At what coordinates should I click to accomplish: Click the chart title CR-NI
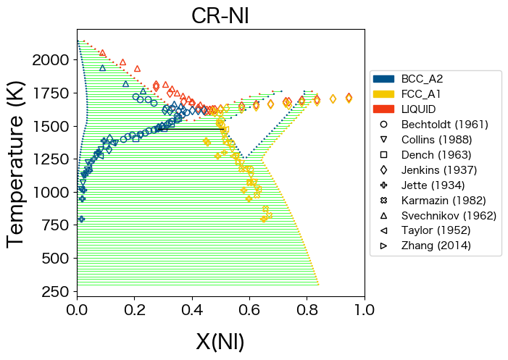tap(220, 16)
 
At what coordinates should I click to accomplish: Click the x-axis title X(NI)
tap(220, 341)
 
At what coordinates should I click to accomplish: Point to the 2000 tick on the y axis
tap(53, 60)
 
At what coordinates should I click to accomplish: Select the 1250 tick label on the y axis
tap(53, 159)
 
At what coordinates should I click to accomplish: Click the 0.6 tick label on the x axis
tap(249, 310)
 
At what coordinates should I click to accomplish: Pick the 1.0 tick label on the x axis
tap(364, 310)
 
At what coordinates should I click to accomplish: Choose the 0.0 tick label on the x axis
tap(77, 310)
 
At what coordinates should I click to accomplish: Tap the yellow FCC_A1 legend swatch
tap(383, 94)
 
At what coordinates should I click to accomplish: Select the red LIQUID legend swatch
tap(383, 109)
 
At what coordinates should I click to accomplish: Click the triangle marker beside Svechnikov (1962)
tap(383, 215)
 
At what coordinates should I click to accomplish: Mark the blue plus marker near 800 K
tap(82, 219)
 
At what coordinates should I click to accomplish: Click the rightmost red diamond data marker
tap(349, 98)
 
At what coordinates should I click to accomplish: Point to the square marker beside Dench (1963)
tap(383, 155)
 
